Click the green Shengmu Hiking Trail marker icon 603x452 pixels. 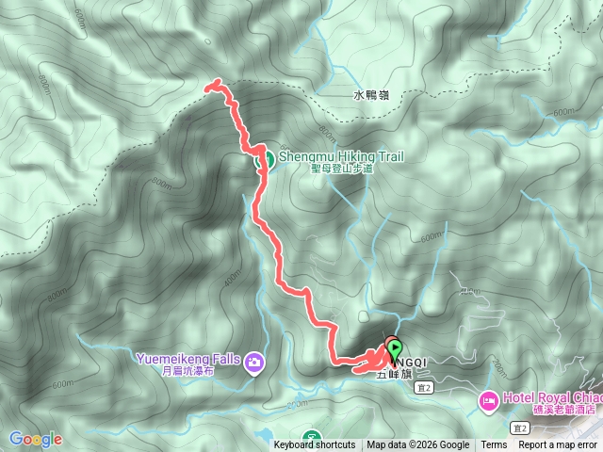tap(266, 160)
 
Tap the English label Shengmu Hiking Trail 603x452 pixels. tap(339, 157)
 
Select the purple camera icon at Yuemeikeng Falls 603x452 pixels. tap(253, 362)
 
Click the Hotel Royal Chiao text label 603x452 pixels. tap(550, 396)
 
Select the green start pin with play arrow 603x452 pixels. tap(393, 348)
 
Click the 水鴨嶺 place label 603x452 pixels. tap(371, 95)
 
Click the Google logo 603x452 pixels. tap(35, 439)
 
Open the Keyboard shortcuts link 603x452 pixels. tap(315, 445)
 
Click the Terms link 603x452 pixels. tap(494, 445)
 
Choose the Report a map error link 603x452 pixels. tap(558, 445)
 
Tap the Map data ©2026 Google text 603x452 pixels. tap(418, 445)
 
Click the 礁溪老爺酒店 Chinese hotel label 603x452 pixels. tap(563, 410)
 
